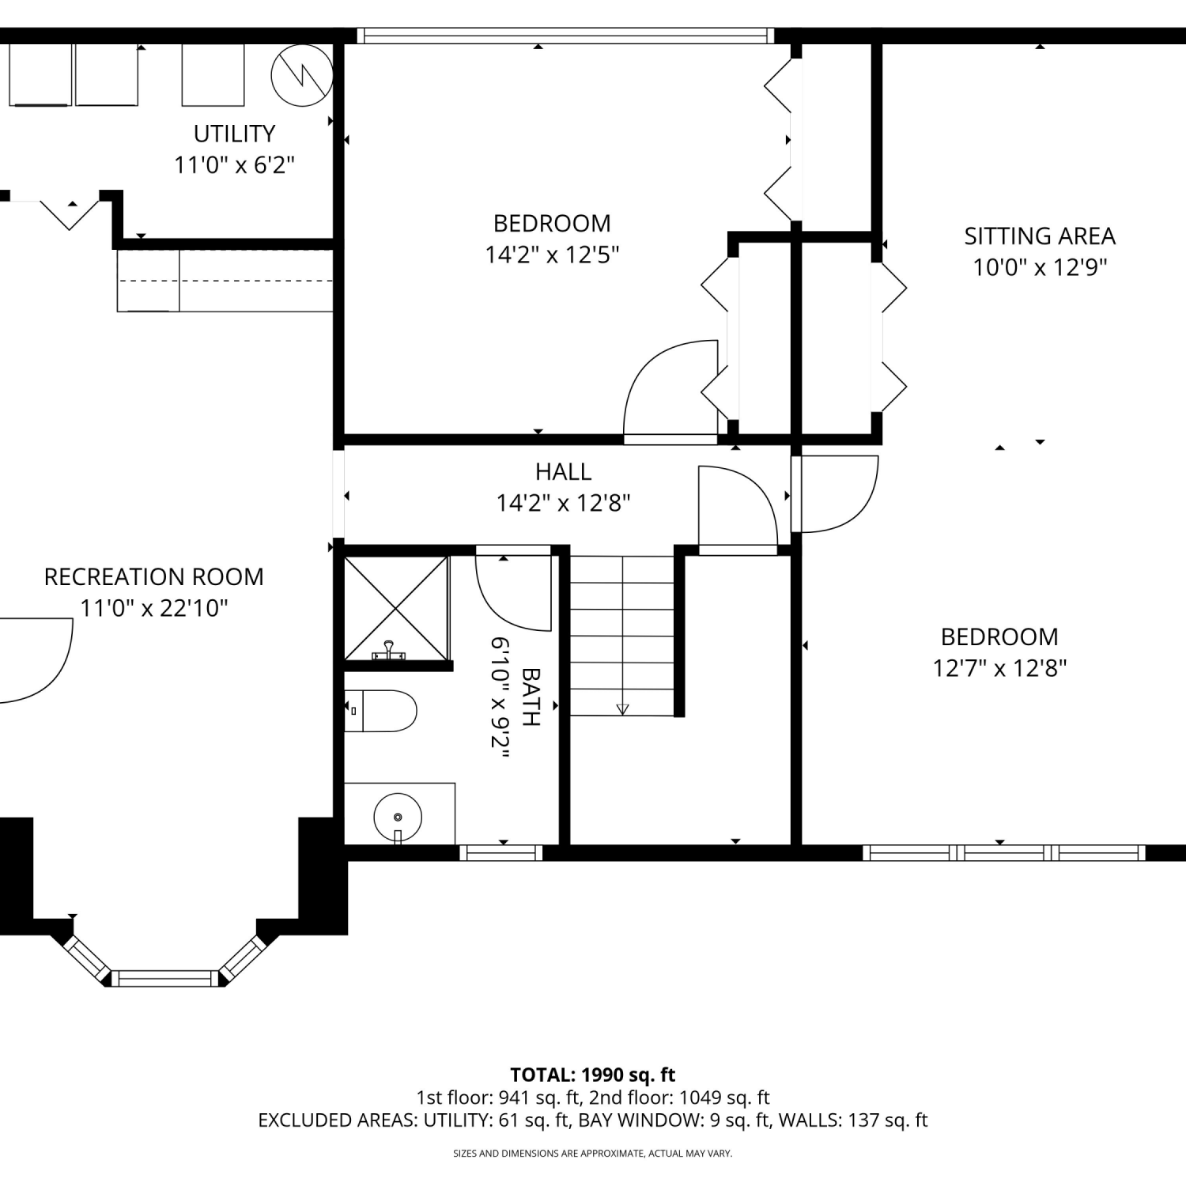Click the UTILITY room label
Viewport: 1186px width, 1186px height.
coord(235,134)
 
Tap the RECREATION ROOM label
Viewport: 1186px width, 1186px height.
coord(154,577)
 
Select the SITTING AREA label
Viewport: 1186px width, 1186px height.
coord(1040,236)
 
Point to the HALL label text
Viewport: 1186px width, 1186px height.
coord(564,472)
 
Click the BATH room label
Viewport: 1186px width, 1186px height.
coord(531,697)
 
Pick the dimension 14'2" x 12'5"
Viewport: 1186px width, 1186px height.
coord(552,255)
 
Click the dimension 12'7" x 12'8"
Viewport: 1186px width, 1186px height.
coord(1000,669)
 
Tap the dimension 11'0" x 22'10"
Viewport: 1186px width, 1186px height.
coord(154,609)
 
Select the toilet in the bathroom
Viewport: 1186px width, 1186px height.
coord(381,711)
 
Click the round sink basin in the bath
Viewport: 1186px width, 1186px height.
coord(398,816)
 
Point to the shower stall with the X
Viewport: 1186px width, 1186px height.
coord(397,607)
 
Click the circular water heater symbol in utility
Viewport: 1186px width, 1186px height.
coord(300,75)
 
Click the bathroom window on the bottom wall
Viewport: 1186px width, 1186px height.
coord(501,853)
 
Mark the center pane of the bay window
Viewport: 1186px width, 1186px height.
coord(165,979)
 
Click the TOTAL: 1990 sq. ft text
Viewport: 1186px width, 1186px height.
coord(593,1075)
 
